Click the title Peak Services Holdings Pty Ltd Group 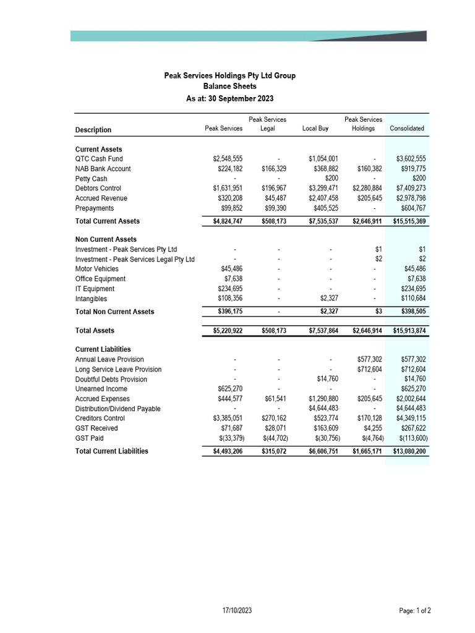point(229,75)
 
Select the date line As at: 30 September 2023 point(229,98)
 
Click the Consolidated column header point(407,129)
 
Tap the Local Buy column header point(315,129)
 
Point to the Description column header point(93,130)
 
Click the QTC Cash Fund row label point(99,159)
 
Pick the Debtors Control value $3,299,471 point(323,189)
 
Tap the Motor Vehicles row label point(97,269)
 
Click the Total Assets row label point(95,331)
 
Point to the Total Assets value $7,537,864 point(323,331)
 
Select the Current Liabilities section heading point(103,349)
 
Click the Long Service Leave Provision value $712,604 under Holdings point(370,370)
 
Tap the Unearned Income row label point(101,389)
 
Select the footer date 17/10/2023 point(237,611)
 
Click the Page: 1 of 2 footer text point(415,611)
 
